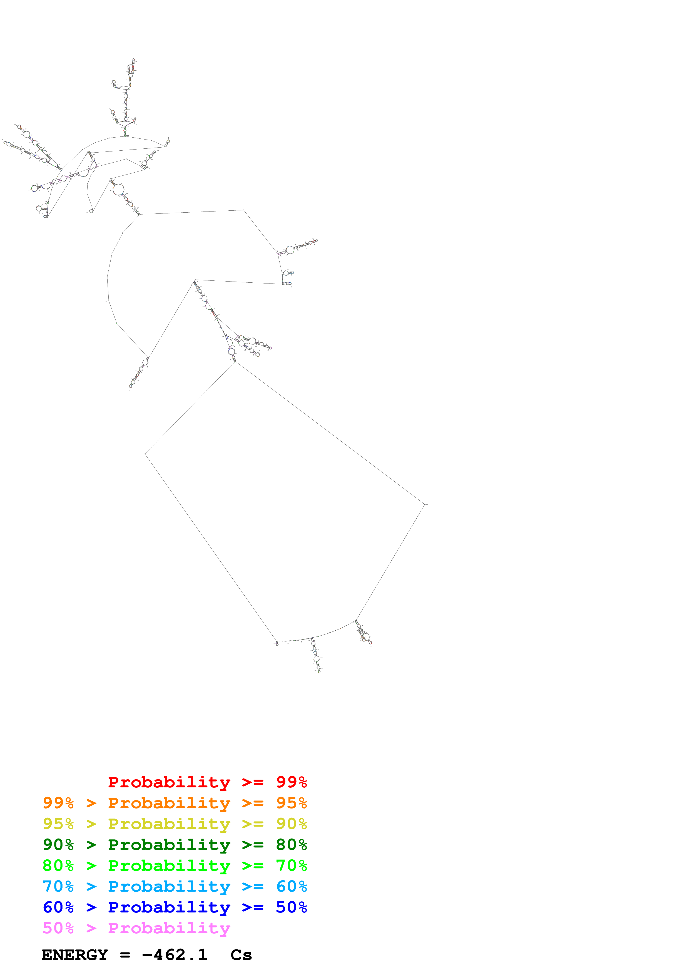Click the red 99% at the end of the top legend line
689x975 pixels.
(x=291, y=782)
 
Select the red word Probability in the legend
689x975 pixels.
(x=169, y=782)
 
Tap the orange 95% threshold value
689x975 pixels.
(x=291, y=803)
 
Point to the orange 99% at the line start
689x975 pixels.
(x=58, y=803)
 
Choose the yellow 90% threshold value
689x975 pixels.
(x=291, y=824)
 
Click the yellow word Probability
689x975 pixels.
(x=169, y=824)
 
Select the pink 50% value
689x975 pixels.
(x=58, y=928)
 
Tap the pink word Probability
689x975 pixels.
(x=169, y=928)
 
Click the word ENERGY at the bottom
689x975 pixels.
(x=75, y=955)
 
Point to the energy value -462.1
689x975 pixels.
(x=175, y=955)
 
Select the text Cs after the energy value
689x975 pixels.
(x=241, y=955)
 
